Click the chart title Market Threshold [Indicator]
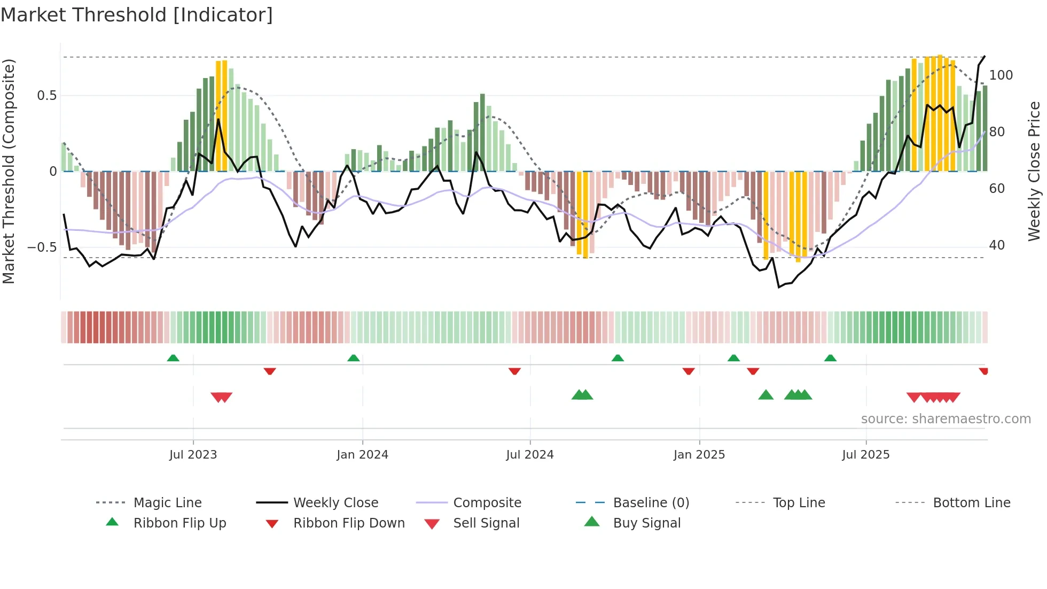click(x=137, y=15)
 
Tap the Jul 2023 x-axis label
click(x=193, y=455)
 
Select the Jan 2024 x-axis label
click(x=362, y=455)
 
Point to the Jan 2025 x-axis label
click(x=699, y=455)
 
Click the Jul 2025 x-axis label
click(x=866, y=455)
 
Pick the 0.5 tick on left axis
click(x=46, y=96)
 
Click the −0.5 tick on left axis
click(x=42, y=247)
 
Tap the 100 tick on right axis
click(x=1001, y=75)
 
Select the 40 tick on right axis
click(x=997, y=245)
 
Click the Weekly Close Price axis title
click(x=1034, y=171)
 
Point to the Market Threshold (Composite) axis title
click(x=9, y=171)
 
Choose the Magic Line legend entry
click(x=167, y=503)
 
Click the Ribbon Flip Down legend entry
click(x=349, y=523)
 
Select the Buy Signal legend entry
click(x=646, y=523)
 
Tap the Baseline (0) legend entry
click(x=651, y=503)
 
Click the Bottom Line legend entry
click(x=971, y=503)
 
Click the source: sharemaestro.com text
click(x=946, y=419)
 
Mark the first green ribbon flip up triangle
click(x=173, y=358)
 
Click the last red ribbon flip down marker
click(x=983, y=371)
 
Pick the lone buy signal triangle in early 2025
click(x=765, y=395)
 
